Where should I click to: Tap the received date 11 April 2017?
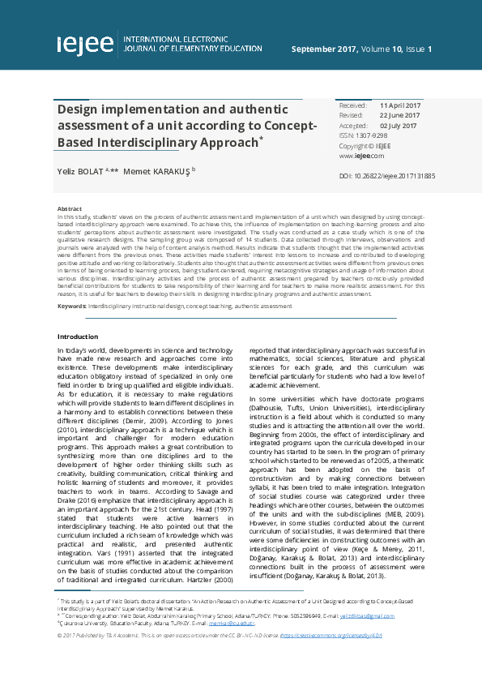(400, 106)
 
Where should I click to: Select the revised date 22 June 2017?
(399, 116)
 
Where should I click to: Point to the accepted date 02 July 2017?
(399, 126)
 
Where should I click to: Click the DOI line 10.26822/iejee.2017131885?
(387, 175)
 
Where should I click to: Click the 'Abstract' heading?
(69, 209)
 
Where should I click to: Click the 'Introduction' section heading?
(77, 336)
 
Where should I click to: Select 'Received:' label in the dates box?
(352, 106)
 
